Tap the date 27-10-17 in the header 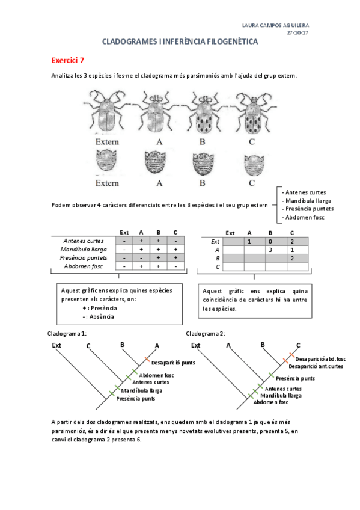pos(298,34)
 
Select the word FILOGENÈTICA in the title pos(229,42)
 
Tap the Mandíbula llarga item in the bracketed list pos(308,200)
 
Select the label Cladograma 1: pos(67,333)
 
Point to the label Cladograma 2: pos(206,333)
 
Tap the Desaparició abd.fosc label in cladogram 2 pos(320,359)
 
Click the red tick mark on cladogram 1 pos(146,360)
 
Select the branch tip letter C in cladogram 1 pos(88,346)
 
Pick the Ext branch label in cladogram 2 pos(195,345)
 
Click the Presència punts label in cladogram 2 pos(295,378)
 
